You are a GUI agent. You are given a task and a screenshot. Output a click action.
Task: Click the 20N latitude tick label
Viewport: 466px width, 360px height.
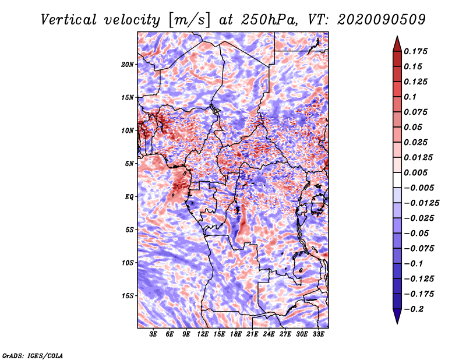click(127, 65)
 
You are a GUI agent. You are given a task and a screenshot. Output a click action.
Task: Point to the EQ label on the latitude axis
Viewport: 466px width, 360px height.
click(129, 197)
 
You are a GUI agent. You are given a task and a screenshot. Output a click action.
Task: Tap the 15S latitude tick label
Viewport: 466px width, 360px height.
click(128, 296)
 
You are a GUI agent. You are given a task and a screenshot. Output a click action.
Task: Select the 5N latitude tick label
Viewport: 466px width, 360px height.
click(129, 164)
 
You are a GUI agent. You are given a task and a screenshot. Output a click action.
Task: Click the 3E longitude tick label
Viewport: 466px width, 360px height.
click(153, 334)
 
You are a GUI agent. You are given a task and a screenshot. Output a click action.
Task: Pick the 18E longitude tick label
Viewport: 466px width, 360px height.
click(236, 334)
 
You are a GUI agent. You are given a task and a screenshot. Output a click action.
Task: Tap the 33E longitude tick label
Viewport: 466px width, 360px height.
click(318, 334)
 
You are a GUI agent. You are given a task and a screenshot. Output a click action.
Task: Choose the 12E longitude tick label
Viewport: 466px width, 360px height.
click(203, 334)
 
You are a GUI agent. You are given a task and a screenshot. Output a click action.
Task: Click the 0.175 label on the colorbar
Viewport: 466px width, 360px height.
click(415, 51)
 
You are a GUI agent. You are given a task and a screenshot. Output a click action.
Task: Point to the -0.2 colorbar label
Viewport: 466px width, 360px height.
click(414, 309)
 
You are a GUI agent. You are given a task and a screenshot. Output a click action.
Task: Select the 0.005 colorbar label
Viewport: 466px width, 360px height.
click(415, 172)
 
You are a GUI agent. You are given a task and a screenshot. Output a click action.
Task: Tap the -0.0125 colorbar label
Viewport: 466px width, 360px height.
click(421, 203)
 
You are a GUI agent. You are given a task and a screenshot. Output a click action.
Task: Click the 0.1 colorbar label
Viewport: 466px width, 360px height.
click(410, 97)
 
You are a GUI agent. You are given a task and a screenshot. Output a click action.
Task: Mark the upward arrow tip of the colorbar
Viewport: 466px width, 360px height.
click(397, 36)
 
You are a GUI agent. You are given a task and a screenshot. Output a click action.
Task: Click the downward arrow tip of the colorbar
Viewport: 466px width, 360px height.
click(397, 324)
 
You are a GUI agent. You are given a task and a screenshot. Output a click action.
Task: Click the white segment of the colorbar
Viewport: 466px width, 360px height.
click(397, 180)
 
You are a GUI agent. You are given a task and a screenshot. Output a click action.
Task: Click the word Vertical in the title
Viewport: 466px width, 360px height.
click(69, 20)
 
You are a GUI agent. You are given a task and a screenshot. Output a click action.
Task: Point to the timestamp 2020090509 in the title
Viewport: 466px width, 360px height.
click(382, 20)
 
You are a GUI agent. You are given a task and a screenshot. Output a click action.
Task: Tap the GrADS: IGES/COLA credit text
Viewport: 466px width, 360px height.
click(33, 356)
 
